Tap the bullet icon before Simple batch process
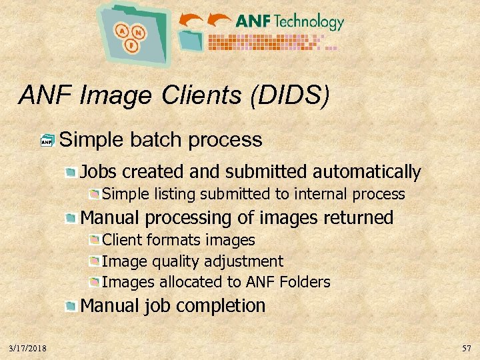click(47, 141)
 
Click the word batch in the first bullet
click(157, 140)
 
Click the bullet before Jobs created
click(71, 173)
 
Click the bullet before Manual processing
click(71, 218)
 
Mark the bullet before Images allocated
click(95, 282)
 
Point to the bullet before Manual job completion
click(71, 307)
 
